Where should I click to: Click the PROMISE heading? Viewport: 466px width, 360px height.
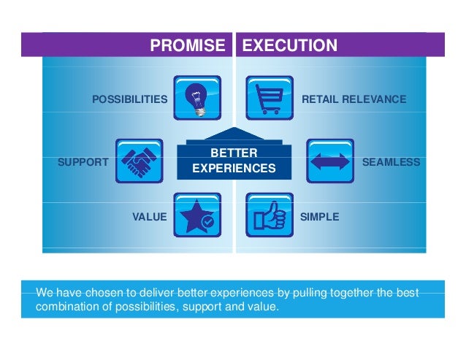tap(188, 47)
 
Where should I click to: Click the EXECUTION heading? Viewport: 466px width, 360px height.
tap(289, 47)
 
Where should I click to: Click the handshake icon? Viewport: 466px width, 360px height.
tap(139, 161)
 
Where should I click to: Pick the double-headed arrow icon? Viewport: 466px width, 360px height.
tap(329, 161)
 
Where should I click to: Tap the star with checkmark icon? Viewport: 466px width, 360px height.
tap(197, 215)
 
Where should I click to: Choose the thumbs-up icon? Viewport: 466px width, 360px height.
tap(269, 215)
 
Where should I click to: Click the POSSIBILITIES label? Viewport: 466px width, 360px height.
tap(129, 99)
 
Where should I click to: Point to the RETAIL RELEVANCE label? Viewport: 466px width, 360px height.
tap(354, 99)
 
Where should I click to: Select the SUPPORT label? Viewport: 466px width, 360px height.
tap(83, 162)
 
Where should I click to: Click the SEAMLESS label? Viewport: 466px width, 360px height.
tap(391, 162)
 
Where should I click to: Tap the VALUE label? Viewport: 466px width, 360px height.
tap(149, 217)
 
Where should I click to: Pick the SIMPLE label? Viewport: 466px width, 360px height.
tap(319, 217)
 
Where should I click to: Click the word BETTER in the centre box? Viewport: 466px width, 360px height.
tap(234, 153)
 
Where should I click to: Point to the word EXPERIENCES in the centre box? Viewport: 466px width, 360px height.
tap(234, 169)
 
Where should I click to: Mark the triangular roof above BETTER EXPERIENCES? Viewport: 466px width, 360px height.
tap(234, 136)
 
